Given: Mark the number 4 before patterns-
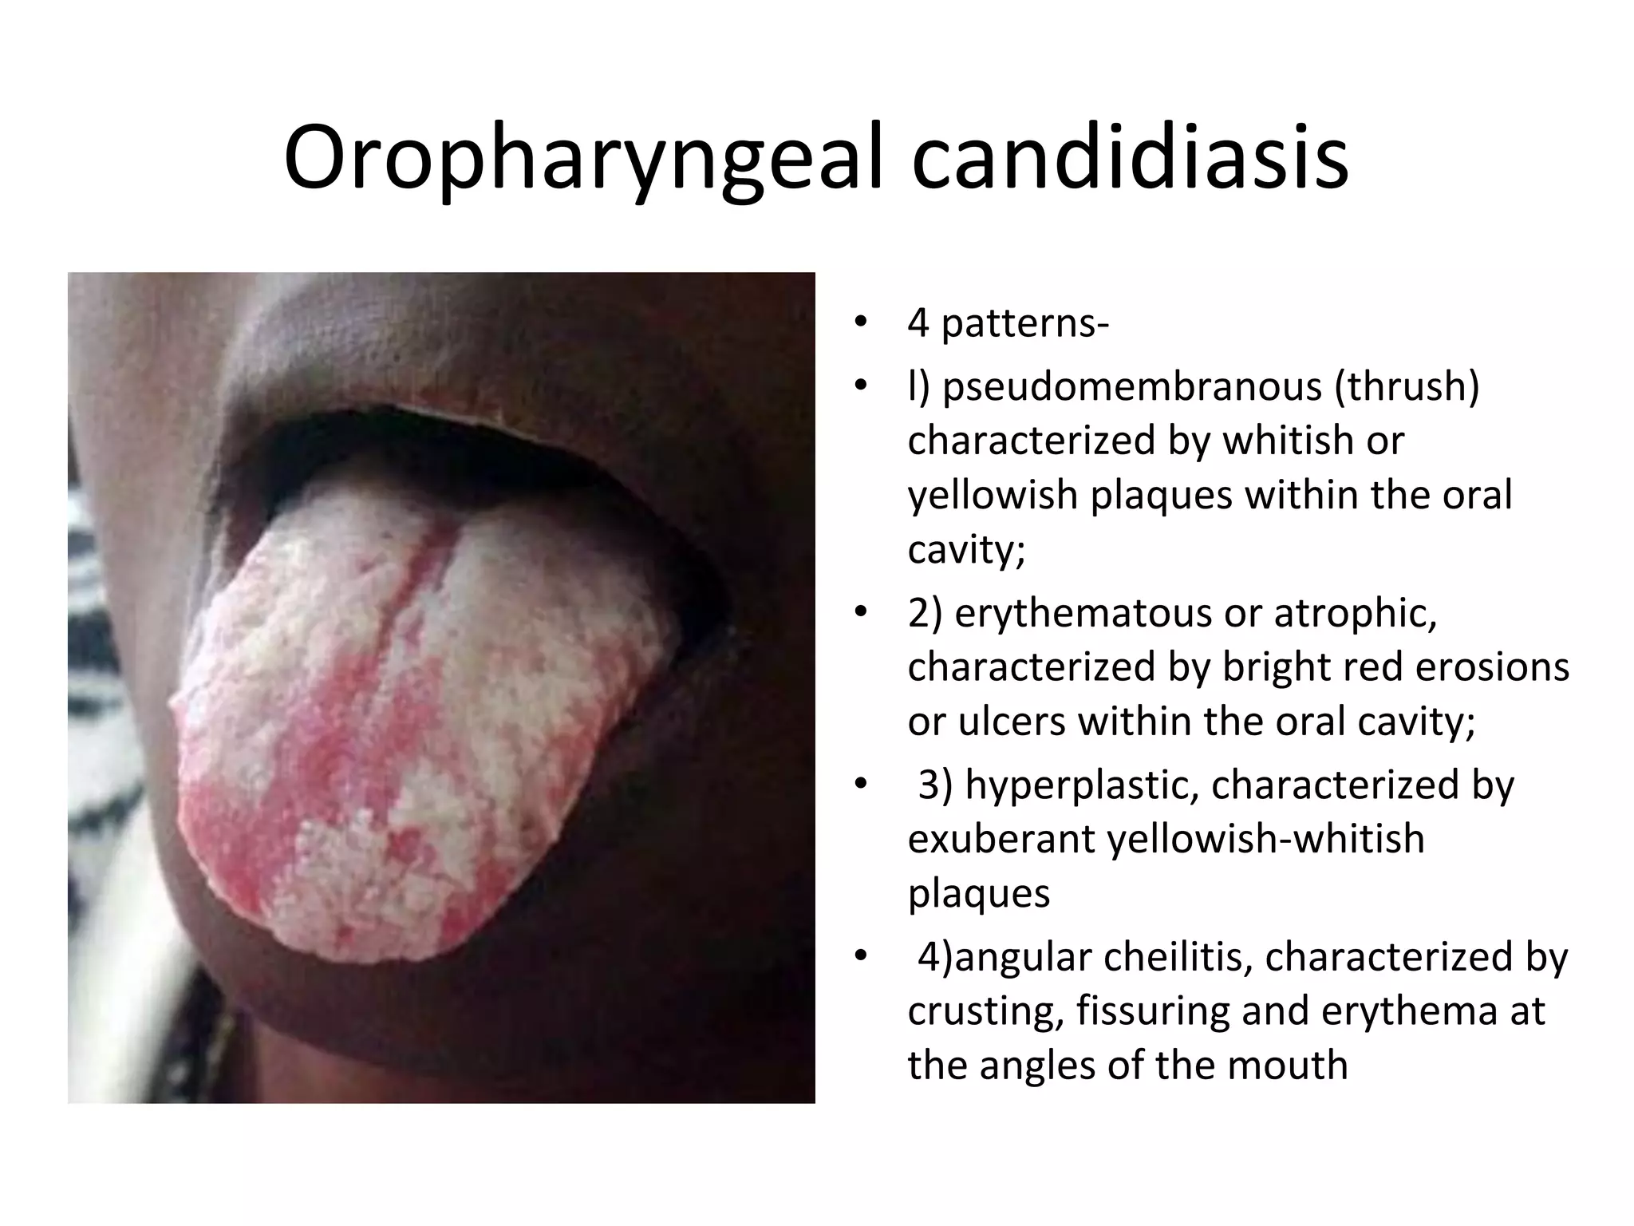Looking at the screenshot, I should tap(918, 324).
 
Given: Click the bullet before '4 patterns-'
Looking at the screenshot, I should tap(859, 324).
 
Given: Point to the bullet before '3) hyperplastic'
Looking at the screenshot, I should tap(859, 785).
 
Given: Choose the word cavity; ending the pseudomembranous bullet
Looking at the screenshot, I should tap(965, 549).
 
